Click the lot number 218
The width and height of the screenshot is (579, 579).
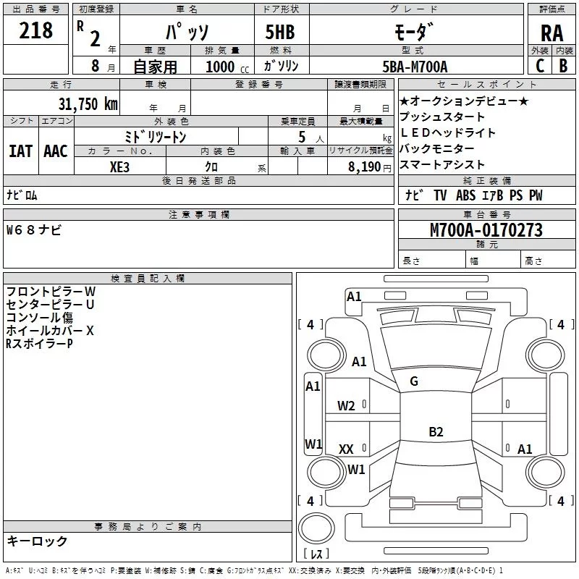(x=35, y=30)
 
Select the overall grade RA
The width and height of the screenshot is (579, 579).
(x=551, y=33)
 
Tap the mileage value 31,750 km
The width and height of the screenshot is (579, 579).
(x=88, y=103)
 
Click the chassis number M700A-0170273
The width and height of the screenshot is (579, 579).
(x=486, y=229)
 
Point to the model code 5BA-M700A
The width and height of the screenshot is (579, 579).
(x=415, y=67)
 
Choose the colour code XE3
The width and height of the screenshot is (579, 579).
(x=119, y=167)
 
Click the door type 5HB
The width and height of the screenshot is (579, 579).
(x=280, y=32)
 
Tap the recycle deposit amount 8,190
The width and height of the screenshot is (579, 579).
(x=364, y=167)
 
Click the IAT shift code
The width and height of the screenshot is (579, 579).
(x=21, y=151)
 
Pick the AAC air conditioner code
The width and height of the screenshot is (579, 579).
(x=56, y=151)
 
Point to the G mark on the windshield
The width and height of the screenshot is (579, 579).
(x=414, y=381)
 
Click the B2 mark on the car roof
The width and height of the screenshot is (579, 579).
(x=436, y=431)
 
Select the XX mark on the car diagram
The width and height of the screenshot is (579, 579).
(x=346, y=449)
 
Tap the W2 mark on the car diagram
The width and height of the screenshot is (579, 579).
(x=346, y=406)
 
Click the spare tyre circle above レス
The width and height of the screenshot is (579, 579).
(x=316, y=528)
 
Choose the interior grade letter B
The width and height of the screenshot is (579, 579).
(x=563, y=66)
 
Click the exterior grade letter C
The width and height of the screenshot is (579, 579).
(x=540, y=66)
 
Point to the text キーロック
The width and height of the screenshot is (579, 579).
(x=37, y=541)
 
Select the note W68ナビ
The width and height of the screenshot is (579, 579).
(x=33, y=230)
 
